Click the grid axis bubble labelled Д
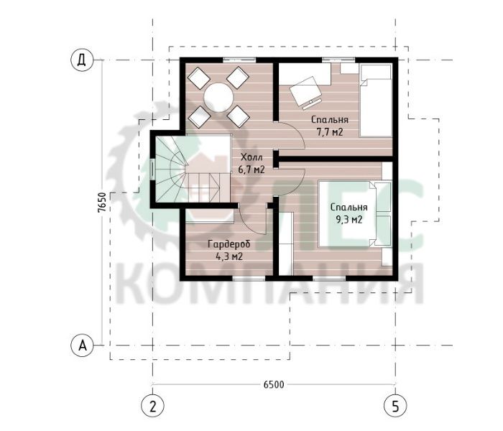[82, 60]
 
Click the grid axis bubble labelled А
[82, 346]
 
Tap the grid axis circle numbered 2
[152, 407]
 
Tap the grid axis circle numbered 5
[395, 407]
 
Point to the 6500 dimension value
[274, 384]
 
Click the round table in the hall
[219, 97]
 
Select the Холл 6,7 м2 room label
[251, 164]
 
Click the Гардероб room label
[229, 250]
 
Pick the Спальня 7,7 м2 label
[330, 126]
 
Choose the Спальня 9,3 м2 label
[349, 213]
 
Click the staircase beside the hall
[193, 169]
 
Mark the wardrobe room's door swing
[254, 221]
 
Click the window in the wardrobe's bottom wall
[249, 279]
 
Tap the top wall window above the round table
[239, 60]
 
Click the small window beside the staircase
[152, 169]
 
